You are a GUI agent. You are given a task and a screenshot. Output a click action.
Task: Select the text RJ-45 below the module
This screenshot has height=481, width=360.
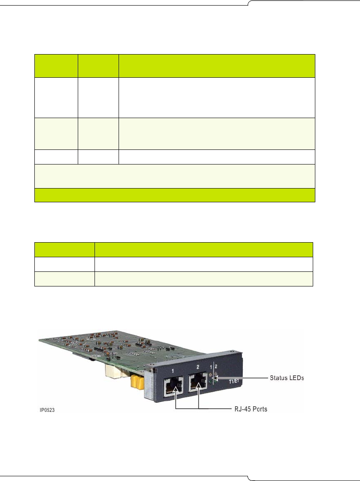pyautogui.click(x=238, y=409)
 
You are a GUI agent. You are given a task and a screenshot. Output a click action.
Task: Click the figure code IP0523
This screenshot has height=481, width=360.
pyautogui.click(x=45, y=410)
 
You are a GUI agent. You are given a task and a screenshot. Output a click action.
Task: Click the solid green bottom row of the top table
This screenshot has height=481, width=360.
pyautogui.click(x=174, y=195)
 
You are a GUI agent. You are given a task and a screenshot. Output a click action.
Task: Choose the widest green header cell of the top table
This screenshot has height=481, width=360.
pyautogui.click(x=217, y=66)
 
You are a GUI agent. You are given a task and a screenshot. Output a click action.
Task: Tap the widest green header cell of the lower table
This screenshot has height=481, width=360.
pyautogui.click(x=204, y=250)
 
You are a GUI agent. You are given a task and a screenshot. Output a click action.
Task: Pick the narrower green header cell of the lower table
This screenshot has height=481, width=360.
pyautogui.click(x=64, y=250)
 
